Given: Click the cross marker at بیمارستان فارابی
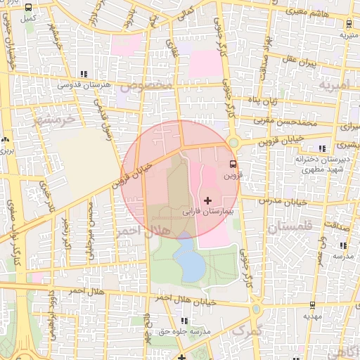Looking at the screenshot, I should [x=207, y=201].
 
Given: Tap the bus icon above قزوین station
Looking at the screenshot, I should [x=232, y=165].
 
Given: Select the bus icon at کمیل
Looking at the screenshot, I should [x=28, y=8].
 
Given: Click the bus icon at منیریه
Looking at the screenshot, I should [x=345, y=24].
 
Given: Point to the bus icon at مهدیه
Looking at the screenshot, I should [x=312, y=306].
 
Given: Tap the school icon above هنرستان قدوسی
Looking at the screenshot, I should [x=84, y=74].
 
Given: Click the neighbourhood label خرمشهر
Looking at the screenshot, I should [x=53, y=119].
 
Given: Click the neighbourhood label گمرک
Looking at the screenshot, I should [x=247, y=330].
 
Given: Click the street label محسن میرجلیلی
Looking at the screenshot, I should [x=90, y=229].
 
